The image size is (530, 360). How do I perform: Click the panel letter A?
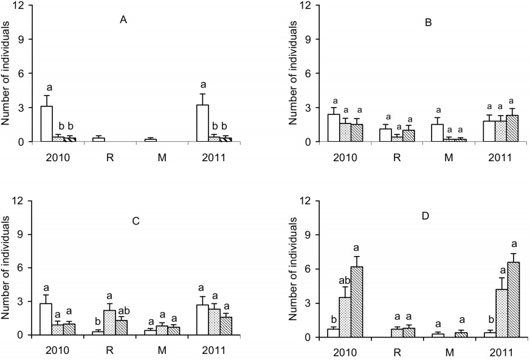[x=123, y=21]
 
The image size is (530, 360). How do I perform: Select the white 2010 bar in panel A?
[x=46, y=124]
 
